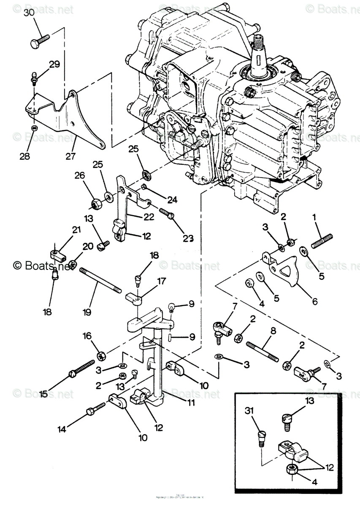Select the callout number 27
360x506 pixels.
tap(70, 156)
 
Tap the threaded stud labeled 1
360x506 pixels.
tap(322, 241)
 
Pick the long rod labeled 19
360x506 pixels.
tap(100, 280)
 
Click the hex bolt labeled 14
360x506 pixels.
tap(96, 408)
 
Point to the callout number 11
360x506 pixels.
tap(191, 403)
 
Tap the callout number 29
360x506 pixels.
tap(54, 65)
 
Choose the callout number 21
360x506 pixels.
tap(76, 230)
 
